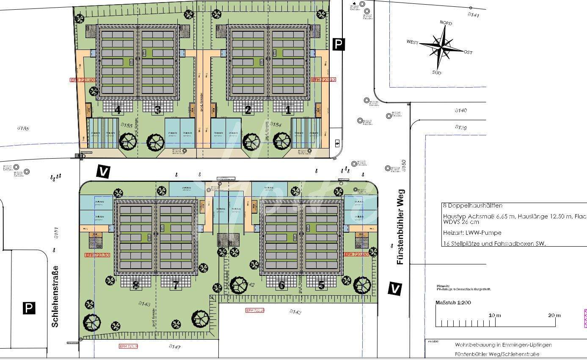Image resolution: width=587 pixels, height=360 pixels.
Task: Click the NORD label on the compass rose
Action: pos(446,23)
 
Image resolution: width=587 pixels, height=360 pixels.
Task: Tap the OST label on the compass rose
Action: pos(468,52)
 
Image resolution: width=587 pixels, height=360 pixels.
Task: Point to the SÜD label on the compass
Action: pos(437,73)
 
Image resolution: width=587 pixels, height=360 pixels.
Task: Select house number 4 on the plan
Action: pos(118,110)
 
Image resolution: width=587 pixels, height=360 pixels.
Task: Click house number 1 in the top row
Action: pos(288,110)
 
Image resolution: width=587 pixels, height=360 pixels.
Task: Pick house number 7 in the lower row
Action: pos(176,285)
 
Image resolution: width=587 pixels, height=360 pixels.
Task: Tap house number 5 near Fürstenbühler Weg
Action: pos(321,285)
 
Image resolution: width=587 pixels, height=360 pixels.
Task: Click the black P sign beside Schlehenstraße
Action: pos(29,308)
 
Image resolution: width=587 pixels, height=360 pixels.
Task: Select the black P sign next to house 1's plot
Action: pos(338,44)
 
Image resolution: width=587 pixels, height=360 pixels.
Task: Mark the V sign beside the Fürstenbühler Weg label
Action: pos(394,289)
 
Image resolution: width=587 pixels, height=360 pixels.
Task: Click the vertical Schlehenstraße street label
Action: pos(55,296)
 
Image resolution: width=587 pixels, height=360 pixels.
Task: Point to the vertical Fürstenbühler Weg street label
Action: pos(400,227)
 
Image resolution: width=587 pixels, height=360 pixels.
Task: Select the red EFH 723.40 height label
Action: pos(82,80)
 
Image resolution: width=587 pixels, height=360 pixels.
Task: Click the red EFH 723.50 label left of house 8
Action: pos(97,255)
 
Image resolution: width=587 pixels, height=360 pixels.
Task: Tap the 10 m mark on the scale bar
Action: pos(495,315)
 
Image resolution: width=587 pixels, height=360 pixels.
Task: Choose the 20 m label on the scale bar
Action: pos(554,315)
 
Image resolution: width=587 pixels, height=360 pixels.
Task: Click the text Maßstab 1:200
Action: pos(453,302)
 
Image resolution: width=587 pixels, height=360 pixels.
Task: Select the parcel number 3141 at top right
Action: pos(473,15)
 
